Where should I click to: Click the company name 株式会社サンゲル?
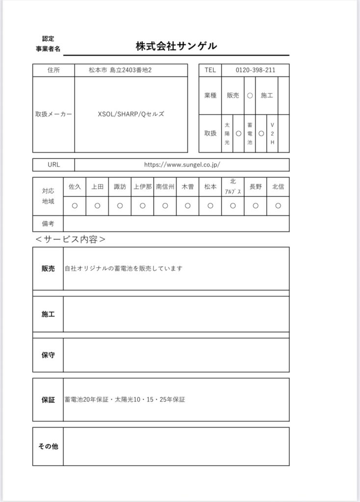coord(176,47)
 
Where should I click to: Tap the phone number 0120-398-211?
coord(255,70)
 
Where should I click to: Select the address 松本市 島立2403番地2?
coord(120,70)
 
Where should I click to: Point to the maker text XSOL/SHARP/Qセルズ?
coord(131,114)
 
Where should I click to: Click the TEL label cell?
coord(210,70)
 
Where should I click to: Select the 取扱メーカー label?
coord(53,114)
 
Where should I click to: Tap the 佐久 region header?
coord(75,187)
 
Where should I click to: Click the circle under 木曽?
coord(187,206)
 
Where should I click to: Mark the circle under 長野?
coord(255,206)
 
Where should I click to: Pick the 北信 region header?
coord(278,187)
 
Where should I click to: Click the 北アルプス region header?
coord(232,187)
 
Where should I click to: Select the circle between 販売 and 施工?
coord(250,96)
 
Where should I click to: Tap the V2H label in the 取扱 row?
coord(272,133)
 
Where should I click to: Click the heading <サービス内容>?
coord(71,240)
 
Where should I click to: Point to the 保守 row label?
coord(48,354)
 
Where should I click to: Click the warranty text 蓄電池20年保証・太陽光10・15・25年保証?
coord(125,400)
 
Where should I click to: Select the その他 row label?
coord(48,446)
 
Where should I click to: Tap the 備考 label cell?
coord(48,224)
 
